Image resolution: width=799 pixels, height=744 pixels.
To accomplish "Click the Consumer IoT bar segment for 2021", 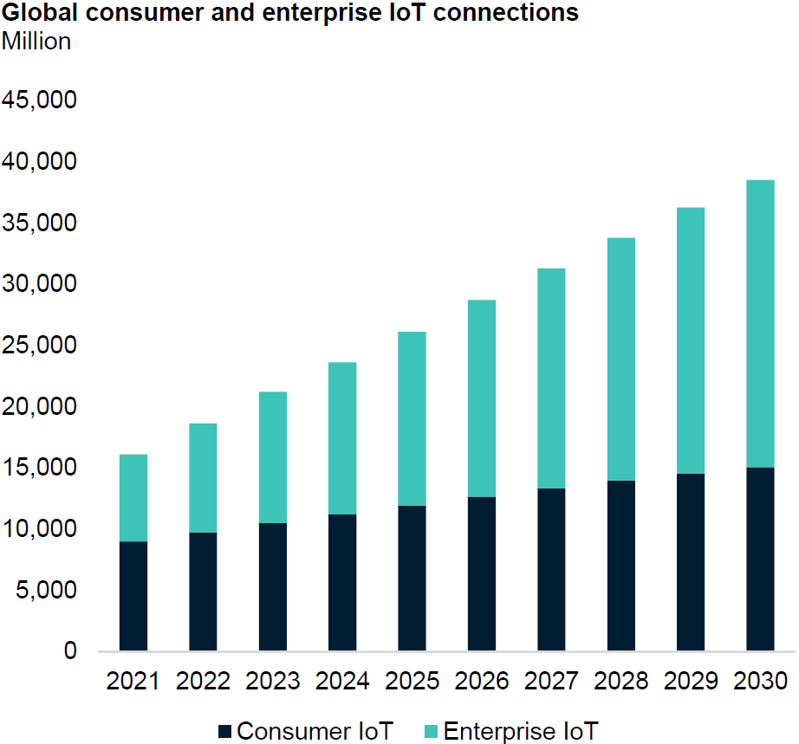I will [133, 596].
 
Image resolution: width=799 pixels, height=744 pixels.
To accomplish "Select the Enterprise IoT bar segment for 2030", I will [760, 324].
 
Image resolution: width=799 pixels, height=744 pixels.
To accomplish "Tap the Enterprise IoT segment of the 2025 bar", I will [412, 418].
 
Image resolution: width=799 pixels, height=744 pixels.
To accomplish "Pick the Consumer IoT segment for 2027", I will [551, 569].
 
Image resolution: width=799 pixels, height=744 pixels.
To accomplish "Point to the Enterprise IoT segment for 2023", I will [273, 457].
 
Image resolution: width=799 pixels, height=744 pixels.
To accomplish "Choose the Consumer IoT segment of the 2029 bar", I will [691, 562].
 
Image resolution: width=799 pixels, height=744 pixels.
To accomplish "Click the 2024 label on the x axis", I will [342, 681].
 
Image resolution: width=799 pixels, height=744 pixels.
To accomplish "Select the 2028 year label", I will [620, 681].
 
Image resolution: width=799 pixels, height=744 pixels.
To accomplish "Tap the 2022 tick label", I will [203, 681].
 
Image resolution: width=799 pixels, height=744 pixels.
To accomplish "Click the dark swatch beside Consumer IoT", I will [225, 730].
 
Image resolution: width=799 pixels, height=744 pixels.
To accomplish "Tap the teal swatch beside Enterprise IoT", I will [431, 730].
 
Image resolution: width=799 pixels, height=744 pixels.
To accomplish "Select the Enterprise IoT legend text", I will [520, 730].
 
